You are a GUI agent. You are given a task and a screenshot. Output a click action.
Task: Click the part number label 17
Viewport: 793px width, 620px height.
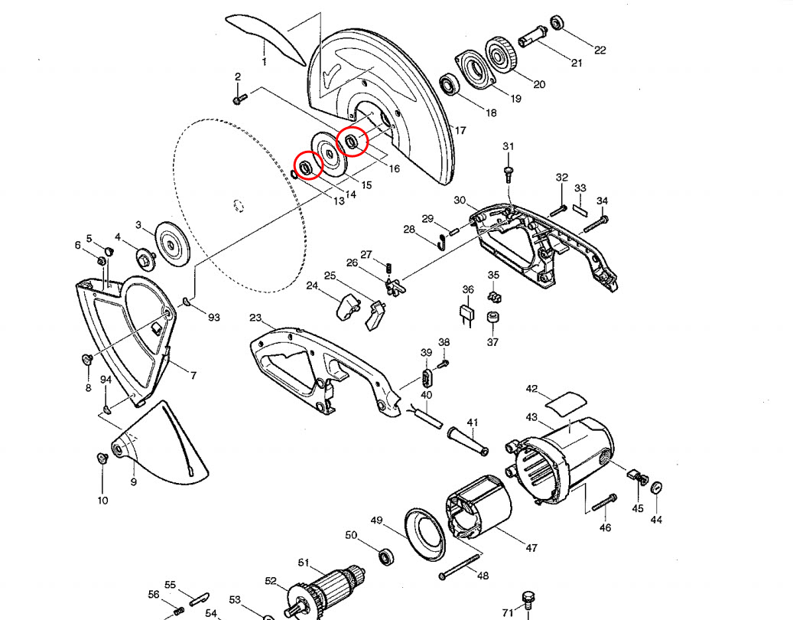coord(460,131)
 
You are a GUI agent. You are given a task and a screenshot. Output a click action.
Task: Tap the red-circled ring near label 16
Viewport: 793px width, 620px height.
coord(353,141)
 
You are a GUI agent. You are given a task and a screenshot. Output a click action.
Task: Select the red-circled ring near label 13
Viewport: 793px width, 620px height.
coord(307,166)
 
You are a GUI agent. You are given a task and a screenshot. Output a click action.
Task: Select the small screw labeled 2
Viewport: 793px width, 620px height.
coord(238,99)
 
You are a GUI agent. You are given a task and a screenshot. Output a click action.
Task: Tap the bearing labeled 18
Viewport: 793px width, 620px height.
coord(450,84)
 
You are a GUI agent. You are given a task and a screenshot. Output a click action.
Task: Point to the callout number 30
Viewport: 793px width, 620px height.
coord(460,201)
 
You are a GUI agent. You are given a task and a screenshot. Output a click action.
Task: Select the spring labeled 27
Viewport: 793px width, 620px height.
coord(388,267)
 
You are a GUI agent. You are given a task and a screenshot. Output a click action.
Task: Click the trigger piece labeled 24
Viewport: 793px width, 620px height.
coord(347,308)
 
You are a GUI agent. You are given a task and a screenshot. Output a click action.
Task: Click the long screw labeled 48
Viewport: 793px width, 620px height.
coord(466,566)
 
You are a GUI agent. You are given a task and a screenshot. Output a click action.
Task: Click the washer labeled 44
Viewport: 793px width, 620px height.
coord(657,488)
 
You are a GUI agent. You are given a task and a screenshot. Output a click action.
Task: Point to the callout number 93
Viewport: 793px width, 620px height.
coord(213,316)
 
